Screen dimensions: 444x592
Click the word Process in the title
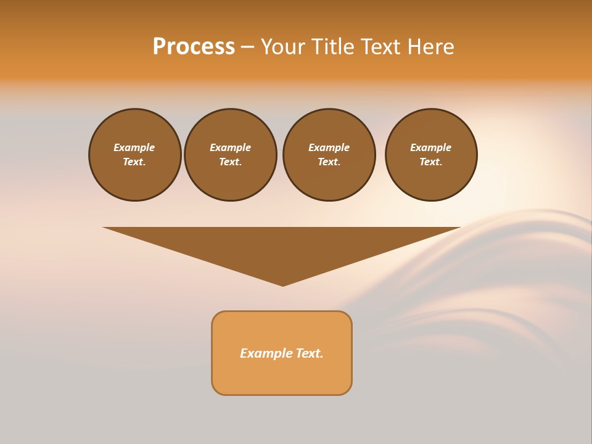[x=194, y=47]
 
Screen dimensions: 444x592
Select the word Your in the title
[x=284, y=47]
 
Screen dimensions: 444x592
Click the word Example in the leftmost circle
[x=134, y=147]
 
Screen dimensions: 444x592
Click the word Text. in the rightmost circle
[x=431, y=162]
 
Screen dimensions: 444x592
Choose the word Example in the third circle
[x=329, y=147]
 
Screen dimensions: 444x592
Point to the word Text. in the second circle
[x=231, y=162]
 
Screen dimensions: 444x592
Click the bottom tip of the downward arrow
[x=283, y=284]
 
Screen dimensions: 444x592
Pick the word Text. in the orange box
[x=310, y=353]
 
